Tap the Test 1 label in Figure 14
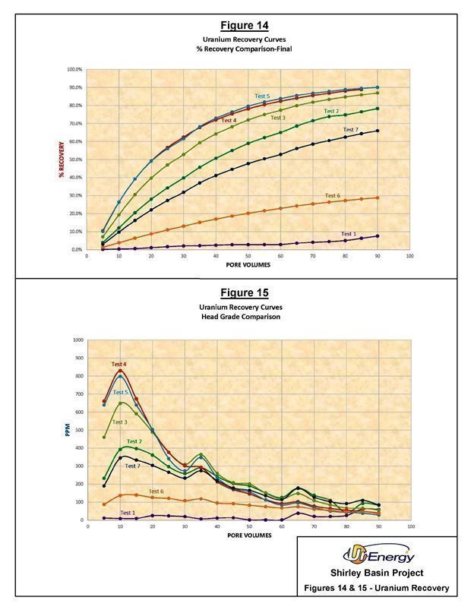coord(349,234)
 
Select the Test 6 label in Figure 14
coord(332,196)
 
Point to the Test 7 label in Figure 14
coord(350,130)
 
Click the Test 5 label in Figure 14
coord(262,96)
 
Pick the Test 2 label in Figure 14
coord(331,112)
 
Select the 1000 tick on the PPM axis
coord(77,340)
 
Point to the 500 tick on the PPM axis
coord(78,430)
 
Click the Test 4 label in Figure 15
coord(118,365)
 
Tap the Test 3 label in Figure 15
coord(119,422)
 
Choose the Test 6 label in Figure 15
coord(156,491)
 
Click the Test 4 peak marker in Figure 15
coord(120,371)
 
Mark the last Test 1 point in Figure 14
coord(377,236)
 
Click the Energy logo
coord(378,557)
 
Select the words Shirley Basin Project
coord(378,574)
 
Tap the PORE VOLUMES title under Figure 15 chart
coord(247,536)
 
